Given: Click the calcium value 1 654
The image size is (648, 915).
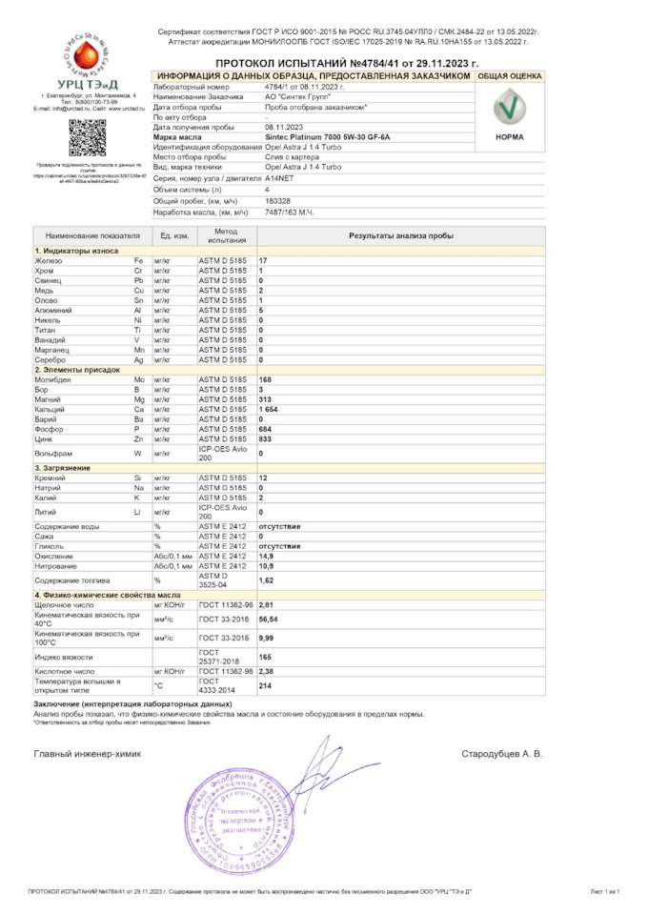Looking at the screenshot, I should (269, 409).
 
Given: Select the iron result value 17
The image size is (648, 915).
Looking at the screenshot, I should (263, 260).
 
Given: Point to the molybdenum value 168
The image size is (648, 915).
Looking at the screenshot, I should (266, 379).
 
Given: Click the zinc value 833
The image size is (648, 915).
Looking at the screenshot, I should (266, 438).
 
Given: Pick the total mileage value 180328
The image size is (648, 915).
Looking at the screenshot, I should (278, 201).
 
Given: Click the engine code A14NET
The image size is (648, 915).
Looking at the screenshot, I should (280, 178).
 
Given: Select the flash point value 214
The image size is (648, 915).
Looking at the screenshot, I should (266, 686).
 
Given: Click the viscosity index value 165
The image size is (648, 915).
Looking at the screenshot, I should (266, 657).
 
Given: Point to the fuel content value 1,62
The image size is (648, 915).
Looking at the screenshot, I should (268, 579).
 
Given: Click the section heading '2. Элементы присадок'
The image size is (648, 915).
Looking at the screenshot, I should (72, 369).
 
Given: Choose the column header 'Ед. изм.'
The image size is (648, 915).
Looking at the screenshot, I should (174, 235).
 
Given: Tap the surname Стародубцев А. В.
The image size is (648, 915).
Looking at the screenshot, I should (501, 753).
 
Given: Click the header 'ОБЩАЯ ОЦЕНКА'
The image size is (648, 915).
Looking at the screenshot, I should (510, 75).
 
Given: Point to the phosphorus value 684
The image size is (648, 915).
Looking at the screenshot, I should (266, 429).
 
